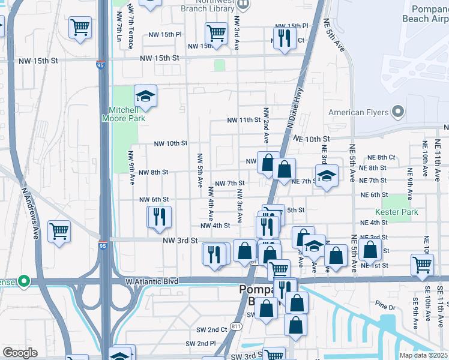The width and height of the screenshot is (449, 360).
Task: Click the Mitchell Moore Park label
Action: point(127,114)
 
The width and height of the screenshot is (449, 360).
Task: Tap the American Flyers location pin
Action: point(397,112)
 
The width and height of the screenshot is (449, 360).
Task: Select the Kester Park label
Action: point(396,212)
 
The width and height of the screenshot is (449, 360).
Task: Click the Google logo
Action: point(19,352)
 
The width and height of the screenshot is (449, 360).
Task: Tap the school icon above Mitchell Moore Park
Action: point(145,97)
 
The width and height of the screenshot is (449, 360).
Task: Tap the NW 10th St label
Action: point(171,143)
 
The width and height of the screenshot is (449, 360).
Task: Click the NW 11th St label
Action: point(243,120)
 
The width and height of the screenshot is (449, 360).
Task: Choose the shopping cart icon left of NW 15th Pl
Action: point(216,32)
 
